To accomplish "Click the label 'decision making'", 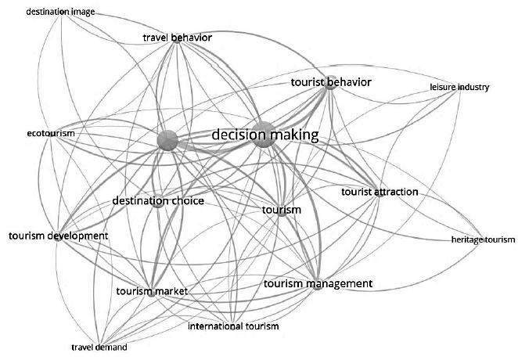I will [265, 135].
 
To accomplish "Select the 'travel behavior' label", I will [178, 38].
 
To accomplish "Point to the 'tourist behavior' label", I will [330, 81].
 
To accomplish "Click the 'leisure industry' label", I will [459, 87].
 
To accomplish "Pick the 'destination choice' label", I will [158, 201].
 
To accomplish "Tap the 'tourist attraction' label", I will [380, 192].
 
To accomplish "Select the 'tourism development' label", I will [58, 236].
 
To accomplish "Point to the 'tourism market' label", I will [152, 291].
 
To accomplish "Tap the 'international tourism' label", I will [233, 326].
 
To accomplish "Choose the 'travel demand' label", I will [99, 347].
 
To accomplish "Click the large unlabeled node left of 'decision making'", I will [167, 140].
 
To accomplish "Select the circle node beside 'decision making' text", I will [264, 134].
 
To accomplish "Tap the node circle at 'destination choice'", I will [158, 202].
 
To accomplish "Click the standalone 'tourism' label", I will [282, 210].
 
